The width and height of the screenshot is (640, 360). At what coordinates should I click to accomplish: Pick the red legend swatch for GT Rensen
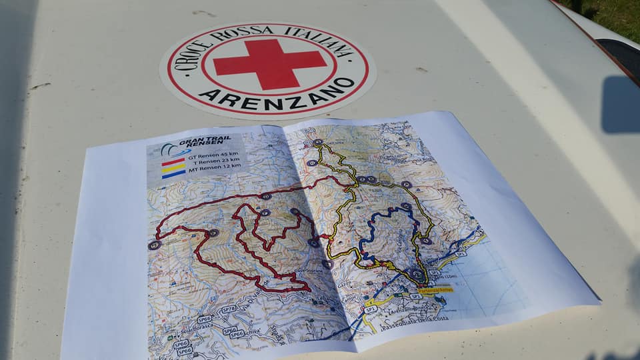click(x=174, y=162)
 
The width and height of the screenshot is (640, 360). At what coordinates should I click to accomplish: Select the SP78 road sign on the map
click(x=229, y=309)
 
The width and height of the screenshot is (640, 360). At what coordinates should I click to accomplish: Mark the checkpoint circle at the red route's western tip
click(x=154, y=245)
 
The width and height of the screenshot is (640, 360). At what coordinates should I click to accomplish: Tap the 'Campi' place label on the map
click(x=349, y=299)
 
